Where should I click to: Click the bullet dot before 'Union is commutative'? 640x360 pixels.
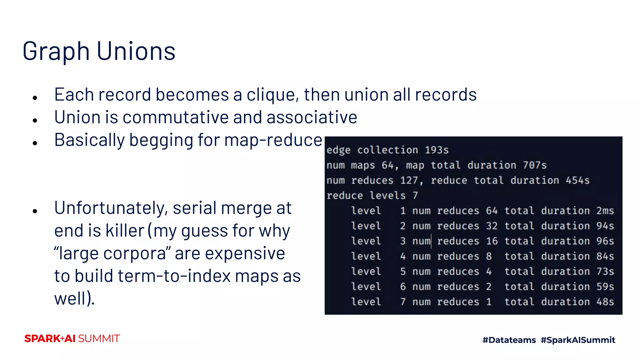(x=35, y=120)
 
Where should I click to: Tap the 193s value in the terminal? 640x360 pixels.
(x=437, y=150)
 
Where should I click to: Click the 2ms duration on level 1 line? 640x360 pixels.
(x=605, y=211)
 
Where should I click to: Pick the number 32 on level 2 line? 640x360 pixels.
(x=492, y=226)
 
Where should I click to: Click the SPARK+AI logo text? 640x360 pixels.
(x=50, y=339)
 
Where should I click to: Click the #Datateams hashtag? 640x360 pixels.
(x=509, y=340)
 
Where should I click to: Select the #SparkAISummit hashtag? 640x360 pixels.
(x=578, y=340)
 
